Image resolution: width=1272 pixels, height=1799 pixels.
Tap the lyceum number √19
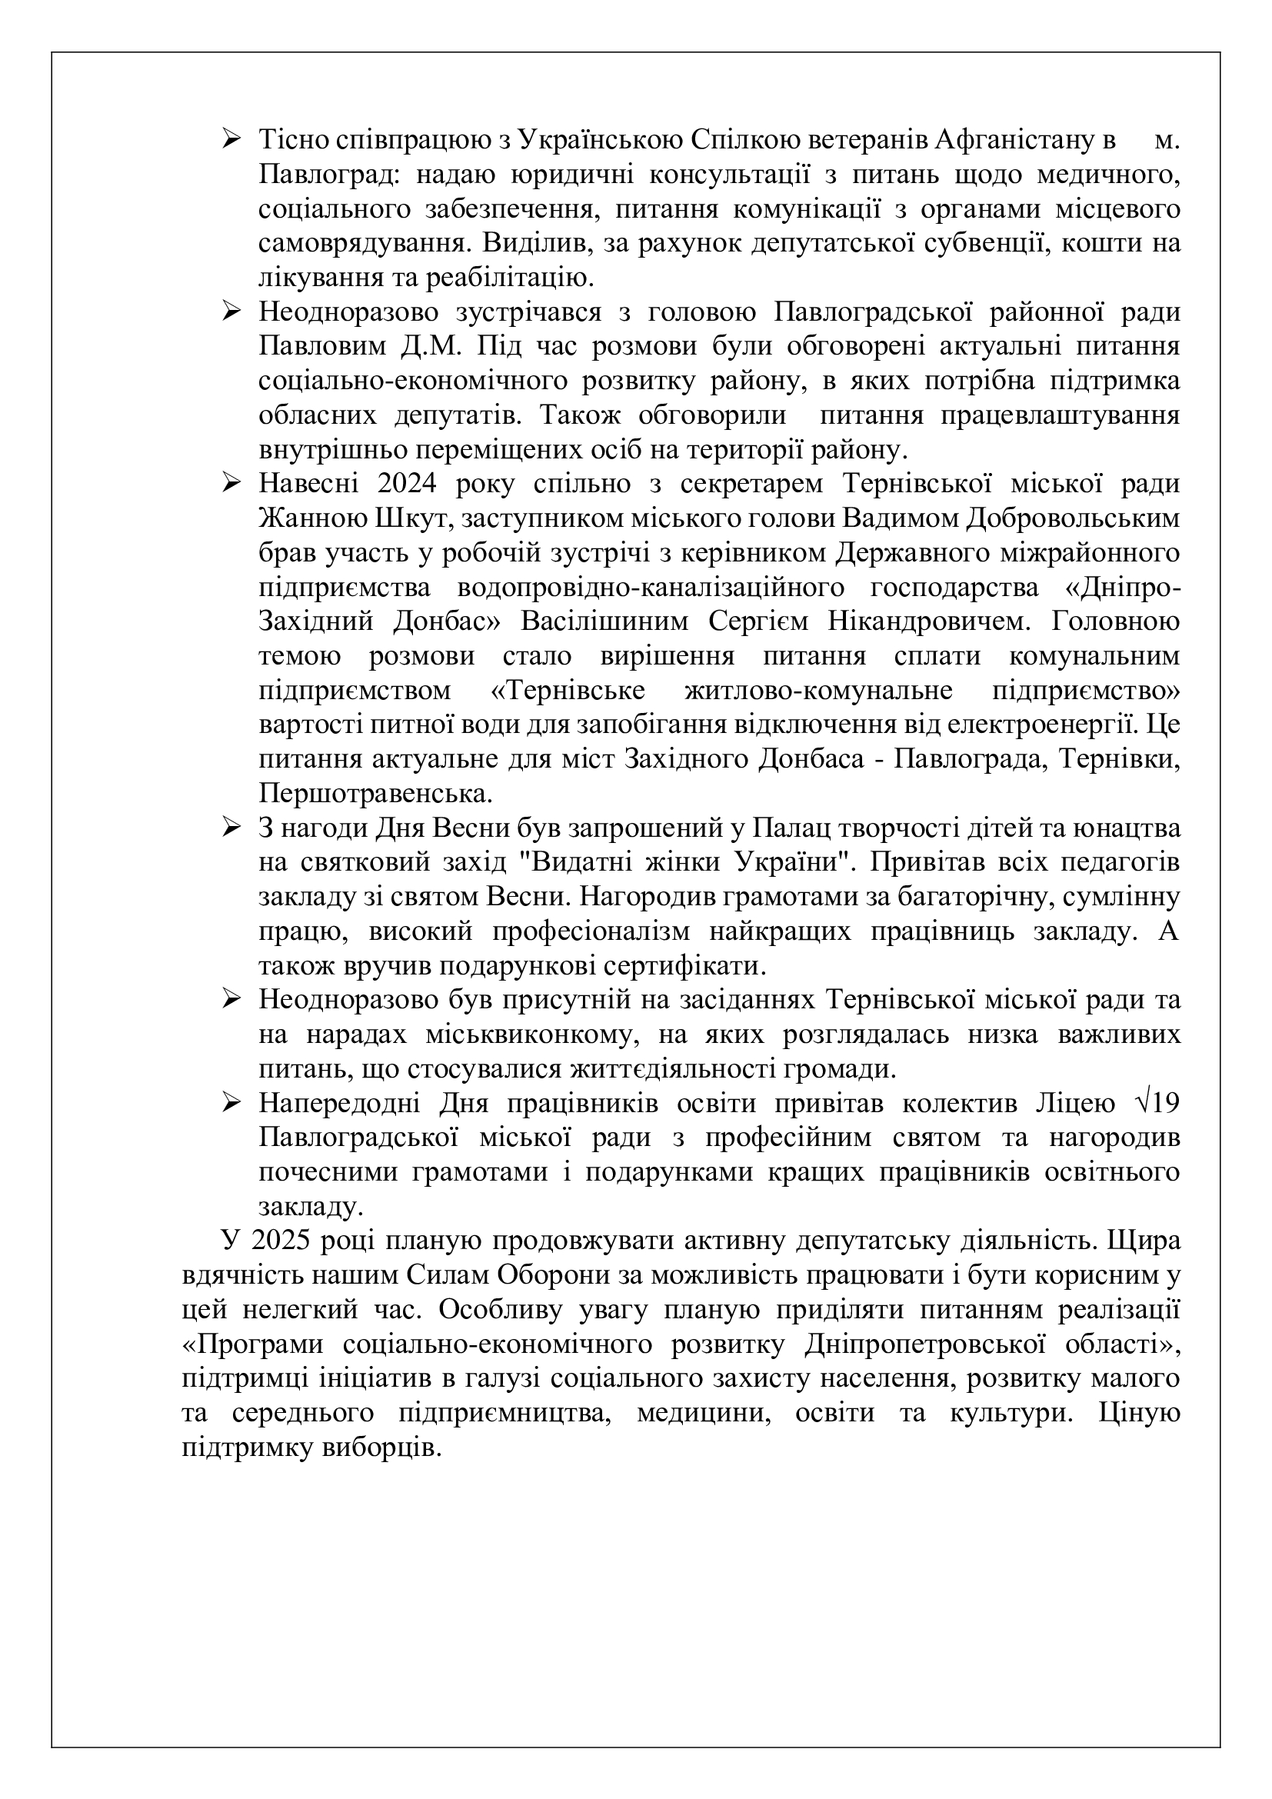click(x=1156, y=1104)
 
